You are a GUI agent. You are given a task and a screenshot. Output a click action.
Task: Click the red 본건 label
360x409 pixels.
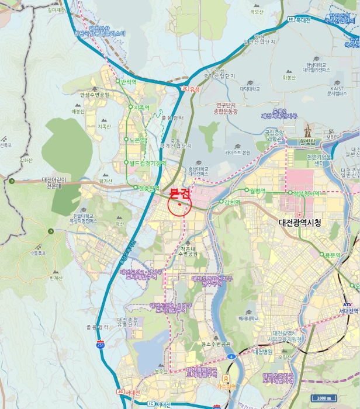click(179, 193)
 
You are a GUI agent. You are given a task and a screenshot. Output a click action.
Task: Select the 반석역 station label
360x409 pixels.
click(128, 82)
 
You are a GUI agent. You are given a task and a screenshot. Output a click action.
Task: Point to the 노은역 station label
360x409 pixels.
click(139, 140)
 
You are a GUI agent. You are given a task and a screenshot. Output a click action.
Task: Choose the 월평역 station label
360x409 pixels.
click(257, 190)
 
